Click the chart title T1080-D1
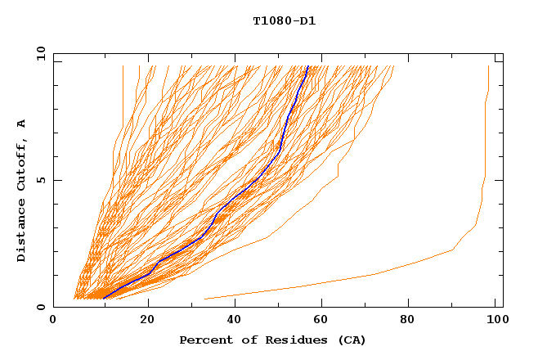coord(284,21)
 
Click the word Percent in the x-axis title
coord(203,340)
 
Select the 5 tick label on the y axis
coord(40,180)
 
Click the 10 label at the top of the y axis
coord(38,53)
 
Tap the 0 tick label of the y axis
coord(40,307)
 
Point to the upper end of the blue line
coord(307,66)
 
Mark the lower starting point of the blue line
coord(104,298)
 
